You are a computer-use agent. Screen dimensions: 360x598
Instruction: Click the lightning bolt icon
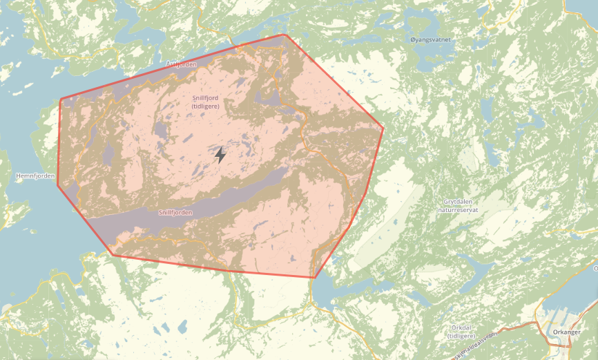tap(220, 155)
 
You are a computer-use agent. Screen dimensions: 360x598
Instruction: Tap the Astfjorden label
tap(182, 64)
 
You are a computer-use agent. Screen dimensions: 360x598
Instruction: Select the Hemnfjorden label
tap(35, 176)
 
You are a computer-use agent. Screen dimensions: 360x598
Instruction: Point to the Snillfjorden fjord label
tap(175, 213)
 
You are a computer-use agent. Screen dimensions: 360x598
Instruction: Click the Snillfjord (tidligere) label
tap(206, 102)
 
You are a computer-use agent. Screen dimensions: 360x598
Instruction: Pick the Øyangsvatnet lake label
tap(430, 39)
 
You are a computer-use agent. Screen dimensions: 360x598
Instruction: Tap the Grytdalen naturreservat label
tap(463, 205)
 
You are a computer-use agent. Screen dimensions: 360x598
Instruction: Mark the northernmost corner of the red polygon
tap(284, 35)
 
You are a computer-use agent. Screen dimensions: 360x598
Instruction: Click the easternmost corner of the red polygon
tap(383, 128)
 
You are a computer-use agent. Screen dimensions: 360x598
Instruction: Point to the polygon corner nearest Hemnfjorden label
tap(57, 185)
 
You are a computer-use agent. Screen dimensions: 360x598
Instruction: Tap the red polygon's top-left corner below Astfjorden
tap(61, 100)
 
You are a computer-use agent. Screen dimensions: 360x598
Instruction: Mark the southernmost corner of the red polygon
tap(314, 278)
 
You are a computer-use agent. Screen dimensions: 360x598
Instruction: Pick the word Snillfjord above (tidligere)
tap(206, 98)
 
